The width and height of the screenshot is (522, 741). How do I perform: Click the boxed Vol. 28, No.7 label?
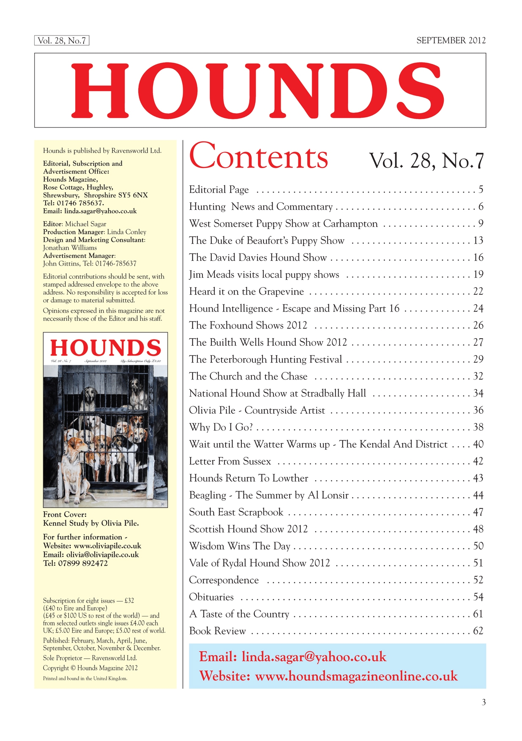(62, 41)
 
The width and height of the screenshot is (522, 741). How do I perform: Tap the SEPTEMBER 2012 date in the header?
(451, 41)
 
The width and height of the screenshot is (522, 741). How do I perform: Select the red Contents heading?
(258, 157)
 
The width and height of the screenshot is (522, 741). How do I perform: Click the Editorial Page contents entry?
(219, 190)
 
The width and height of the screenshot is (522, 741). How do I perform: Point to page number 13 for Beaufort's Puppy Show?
(478, 241)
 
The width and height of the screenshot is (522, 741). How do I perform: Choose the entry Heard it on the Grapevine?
(246, 291)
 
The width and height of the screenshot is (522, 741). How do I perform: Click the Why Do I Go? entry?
(221, 427)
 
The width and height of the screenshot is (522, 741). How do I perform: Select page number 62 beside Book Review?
(478, 631)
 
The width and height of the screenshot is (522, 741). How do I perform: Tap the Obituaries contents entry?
(211, 597)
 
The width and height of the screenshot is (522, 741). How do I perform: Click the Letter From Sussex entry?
(230, 461)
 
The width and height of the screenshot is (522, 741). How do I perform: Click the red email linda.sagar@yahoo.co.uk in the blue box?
(314, 657)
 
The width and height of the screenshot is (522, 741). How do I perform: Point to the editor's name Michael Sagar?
(85, 224)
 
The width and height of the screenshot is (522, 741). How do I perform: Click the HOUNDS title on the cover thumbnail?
(105, 348)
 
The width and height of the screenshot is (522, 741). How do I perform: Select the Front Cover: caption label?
(65, 514)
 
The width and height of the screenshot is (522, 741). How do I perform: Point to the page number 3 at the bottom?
(484, 703)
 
